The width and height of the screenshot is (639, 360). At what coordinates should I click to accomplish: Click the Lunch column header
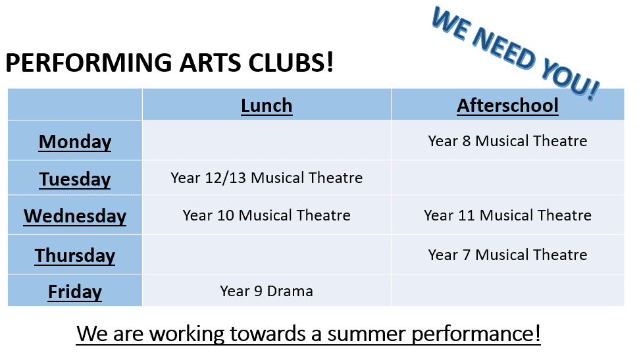pos(267,105)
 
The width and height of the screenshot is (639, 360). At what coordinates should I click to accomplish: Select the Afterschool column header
pos(507,105)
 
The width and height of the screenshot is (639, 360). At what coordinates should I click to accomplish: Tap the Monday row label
pos(75,142)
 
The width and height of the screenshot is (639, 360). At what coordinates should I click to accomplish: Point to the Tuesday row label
pos(75,180)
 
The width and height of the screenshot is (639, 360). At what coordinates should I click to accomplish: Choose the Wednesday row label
pos(75,216)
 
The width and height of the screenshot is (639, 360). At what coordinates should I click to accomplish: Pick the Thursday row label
pos(75,255)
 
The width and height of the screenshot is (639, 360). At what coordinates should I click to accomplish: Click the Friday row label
pos(75,292)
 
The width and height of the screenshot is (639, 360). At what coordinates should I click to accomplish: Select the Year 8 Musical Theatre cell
pos(507,141)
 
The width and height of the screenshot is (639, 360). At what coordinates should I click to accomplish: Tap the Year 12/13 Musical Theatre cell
pos(267,178)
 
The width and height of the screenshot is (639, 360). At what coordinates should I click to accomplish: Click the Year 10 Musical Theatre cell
pos(267,215)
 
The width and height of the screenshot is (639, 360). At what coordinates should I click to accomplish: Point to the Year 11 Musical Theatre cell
pos(507,215)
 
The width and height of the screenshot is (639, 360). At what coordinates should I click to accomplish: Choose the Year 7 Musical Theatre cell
pos(507,255)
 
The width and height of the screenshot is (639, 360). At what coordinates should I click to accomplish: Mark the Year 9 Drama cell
pos(267,291)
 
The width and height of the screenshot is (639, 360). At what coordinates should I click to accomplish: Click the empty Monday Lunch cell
pos(267,141)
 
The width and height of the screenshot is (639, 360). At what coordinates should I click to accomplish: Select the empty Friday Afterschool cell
pos(507,290)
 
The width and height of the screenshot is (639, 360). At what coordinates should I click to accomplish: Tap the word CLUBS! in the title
pos(291,63)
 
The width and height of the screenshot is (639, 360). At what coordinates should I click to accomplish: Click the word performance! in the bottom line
pos(476,334)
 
